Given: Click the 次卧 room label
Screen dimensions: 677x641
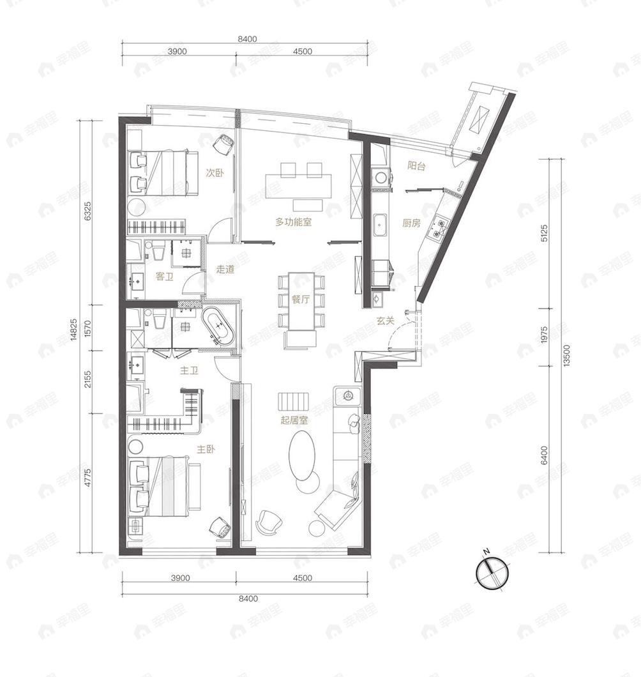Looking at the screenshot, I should (214, 172).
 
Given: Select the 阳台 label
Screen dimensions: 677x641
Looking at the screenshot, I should (417, 166).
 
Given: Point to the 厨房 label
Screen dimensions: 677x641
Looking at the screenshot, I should (411, 223).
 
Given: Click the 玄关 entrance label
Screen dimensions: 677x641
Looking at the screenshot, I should (385, 322).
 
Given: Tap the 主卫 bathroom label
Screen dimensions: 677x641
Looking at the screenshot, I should (188, 369).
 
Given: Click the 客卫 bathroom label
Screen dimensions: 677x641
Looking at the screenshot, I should (165, 277).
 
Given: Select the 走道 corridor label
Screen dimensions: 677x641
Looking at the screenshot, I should (225, 270).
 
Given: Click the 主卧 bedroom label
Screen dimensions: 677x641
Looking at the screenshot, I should (206, 450).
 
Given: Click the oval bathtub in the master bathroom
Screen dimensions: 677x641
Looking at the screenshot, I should (219, 327).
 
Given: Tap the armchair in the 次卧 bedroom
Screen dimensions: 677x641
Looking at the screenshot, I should (223, 145).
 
